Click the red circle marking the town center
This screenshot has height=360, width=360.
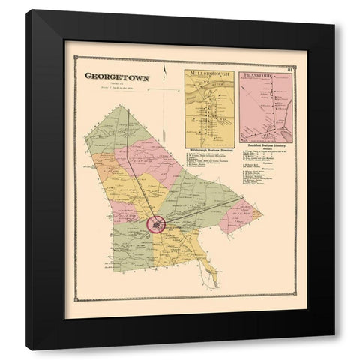click(156, 223)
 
